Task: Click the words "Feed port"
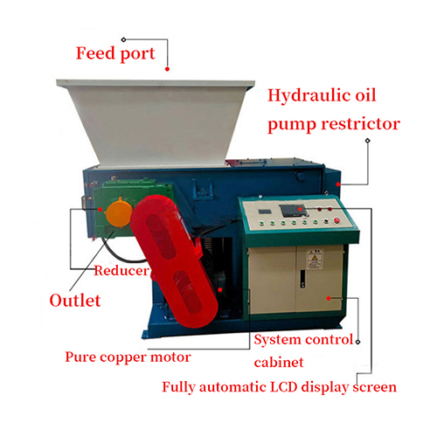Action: click(x=115, y=53)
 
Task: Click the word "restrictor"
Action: click(x=361, y=123)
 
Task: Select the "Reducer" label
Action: click(x=121, y=271)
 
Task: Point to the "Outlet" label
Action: click(x=75, y=301)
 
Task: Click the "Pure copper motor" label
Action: click(x=128, y=357)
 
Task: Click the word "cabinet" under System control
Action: click(x=279, y=363)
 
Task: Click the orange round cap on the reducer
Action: click(x=119, y=213)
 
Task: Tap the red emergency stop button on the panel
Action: click(x=336, y=220)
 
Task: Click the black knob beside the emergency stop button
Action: click(x=326, y=221)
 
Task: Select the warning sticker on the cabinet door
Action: click(x=315, y=259)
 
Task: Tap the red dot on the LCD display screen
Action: click(x=300, y=209)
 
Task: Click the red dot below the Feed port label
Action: click(x=167, y=69)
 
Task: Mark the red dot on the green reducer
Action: click(x=100, y=209)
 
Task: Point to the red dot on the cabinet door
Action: click(x=329, y=298)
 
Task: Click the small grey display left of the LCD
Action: click(x=265, y=212)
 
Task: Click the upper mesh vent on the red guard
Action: click(x=161, y=237)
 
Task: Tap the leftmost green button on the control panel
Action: click(x=261, y=224)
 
